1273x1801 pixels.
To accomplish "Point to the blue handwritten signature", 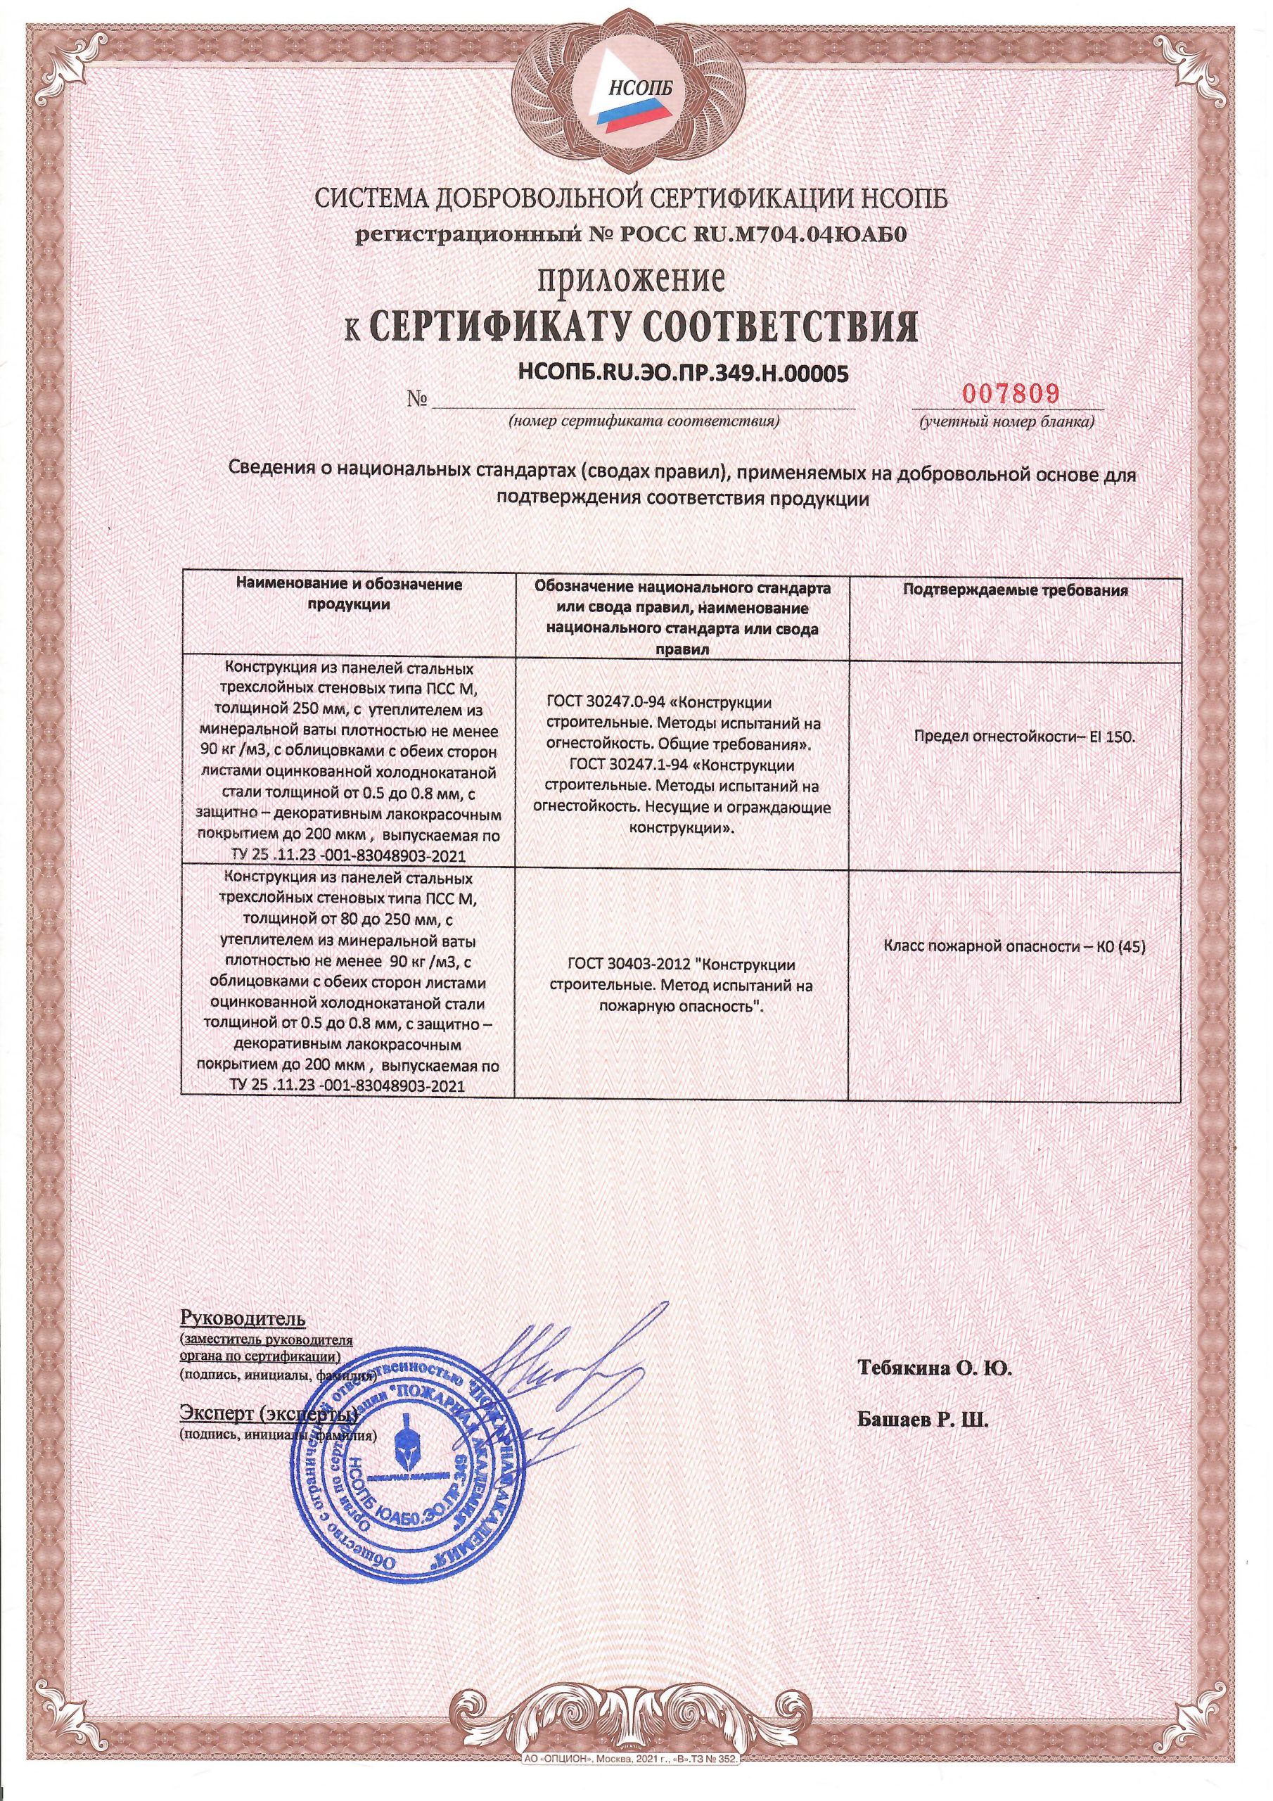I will click(542, 1380).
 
